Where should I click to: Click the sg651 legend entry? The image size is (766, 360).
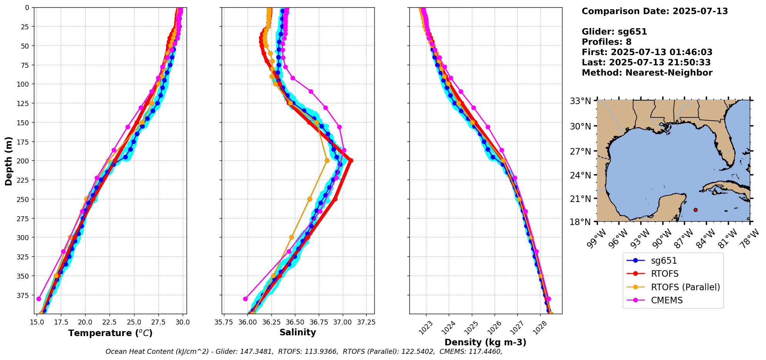click(664, 261)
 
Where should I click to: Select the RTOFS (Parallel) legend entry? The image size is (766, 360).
click(685, 287)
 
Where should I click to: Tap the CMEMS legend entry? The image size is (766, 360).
click(667, 300)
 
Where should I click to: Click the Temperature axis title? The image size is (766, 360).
click(110, 333)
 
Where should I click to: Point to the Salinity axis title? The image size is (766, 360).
click(298, 332)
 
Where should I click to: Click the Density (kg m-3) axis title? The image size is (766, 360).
click(485, 342)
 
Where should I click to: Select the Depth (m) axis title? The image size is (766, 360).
click(9, 161)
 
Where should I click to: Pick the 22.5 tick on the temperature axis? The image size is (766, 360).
click(109, 322)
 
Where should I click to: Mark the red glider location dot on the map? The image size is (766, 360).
click(695, 210)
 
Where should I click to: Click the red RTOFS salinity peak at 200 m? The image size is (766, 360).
click(350, 161)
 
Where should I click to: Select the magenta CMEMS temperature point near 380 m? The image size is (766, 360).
click(39, 299)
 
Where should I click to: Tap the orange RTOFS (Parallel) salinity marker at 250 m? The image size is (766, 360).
click(310, 199)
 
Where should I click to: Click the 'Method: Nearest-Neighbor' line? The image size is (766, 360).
click(647, 73)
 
